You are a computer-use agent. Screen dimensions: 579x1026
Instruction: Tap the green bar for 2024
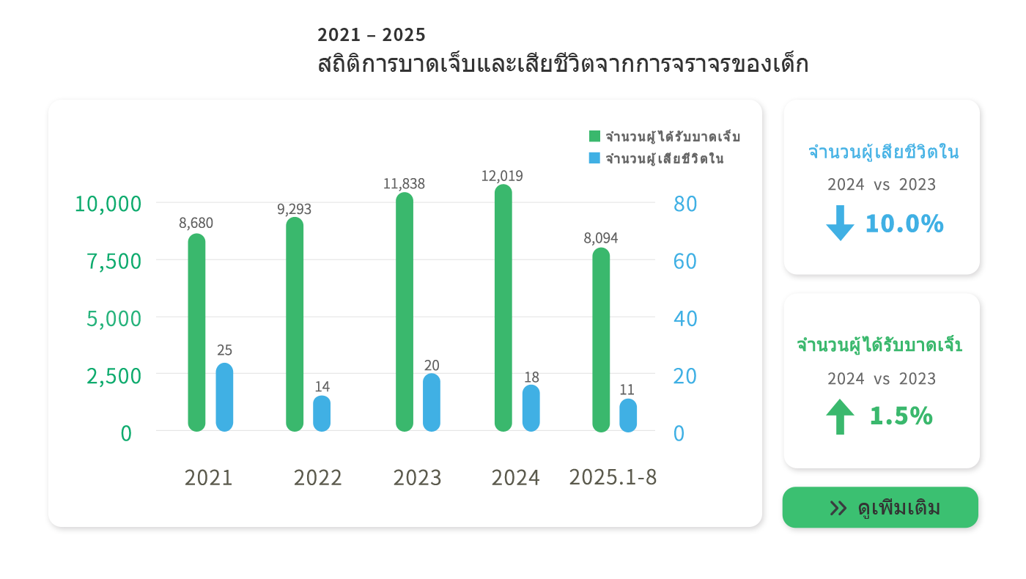[503, 308]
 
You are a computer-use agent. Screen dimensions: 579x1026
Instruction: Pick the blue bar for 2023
[432, 402]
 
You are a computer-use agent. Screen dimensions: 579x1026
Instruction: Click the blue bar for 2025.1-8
[628, 415]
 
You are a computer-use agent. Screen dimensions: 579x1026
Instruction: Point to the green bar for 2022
[295, 324]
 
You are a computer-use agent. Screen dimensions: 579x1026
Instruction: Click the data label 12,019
[502, 176]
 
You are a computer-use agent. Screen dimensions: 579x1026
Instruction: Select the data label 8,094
[601, 238]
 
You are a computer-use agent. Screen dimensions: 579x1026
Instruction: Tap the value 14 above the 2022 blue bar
[322, 386]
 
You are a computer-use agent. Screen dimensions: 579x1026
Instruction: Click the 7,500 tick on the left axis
[114, 261]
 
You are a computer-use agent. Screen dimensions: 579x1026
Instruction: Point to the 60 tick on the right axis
[685, 261]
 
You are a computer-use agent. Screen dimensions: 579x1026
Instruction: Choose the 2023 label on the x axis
[418, 478]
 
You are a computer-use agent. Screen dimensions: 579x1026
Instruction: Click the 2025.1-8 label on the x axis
[613, 477]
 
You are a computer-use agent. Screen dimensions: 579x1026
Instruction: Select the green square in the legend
[594, 136]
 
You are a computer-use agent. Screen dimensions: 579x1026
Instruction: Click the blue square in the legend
[594, 158]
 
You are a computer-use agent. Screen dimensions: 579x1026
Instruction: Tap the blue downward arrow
[840, 223]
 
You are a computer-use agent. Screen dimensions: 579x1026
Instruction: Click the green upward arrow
[840, 416]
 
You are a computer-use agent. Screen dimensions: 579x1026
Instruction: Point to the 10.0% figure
[904, 224]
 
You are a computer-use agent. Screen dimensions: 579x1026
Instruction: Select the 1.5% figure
[901, 416]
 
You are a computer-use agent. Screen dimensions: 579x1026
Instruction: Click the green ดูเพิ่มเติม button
[880, 508]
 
